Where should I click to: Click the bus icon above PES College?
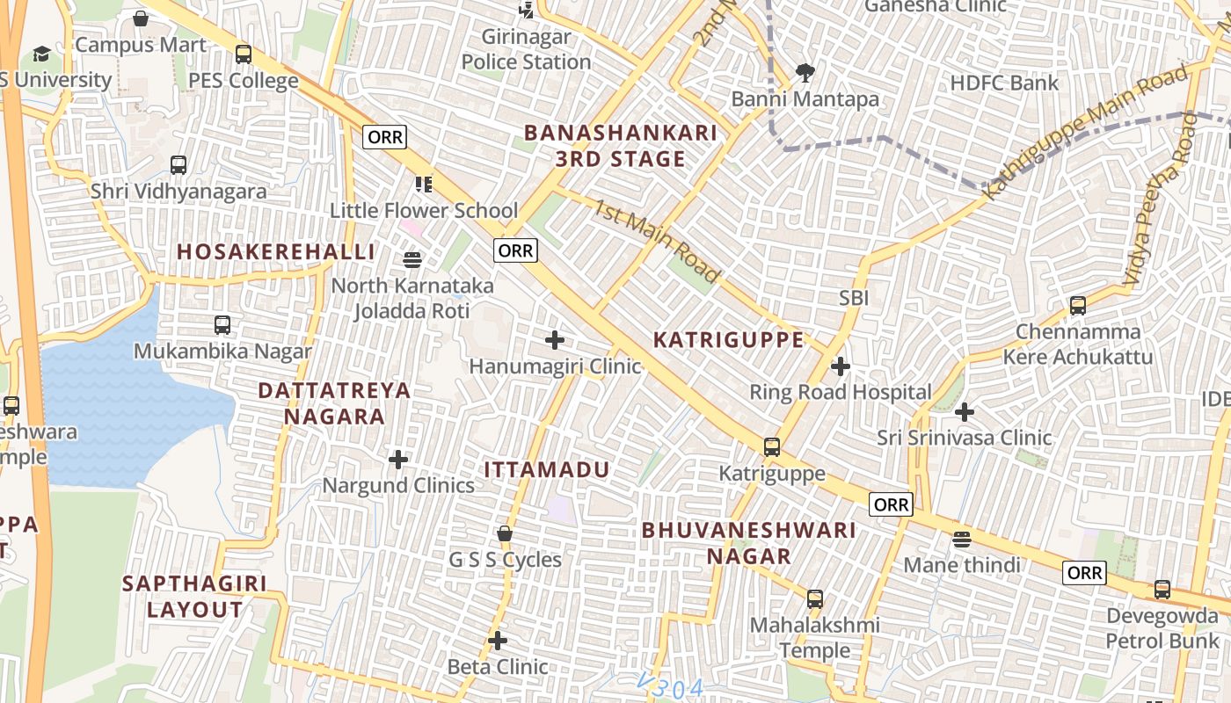point(244,54)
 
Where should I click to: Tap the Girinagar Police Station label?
point(526,50)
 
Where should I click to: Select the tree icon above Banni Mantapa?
point(805,73)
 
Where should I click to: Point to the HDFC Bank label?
point(1004,83)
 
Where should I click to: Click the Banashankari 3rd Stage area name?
point(620,146)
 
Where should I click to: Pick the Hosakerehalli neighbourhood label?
point(276,252)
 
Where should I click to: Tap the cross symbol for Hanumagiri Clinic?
point(555,340)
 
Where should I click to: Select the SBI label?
point(854,298)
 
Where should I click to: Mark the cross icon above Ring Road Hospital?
point(841,366)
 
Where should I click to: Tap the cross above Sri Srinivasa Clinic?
point(965,411)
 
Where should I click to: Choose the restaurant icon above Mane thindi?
point(962,539)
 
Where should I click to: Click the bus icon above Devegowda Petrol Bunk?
point(1162,590)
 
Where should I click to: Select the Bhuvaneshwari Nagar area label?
point(748,543)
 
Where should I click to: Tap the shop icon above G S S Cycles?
point(505,533)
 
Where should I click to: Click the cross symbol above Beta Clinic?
point(498,641)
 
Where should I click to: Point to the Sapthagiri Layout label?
point(194,597)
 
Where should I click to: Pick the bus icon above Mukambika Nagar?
point(222,325)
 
